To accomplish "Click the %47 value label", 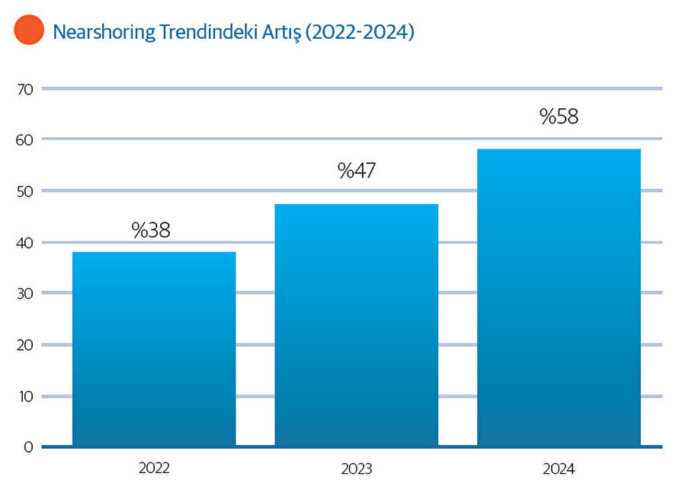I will (356, 171).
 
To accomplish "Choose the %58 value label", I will (559, 117).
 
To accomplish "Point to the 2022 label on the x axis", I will (155, 468).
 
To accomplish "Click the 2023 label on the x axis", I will (357, 468).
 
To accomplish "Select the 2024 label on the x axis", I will (559, 468).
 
